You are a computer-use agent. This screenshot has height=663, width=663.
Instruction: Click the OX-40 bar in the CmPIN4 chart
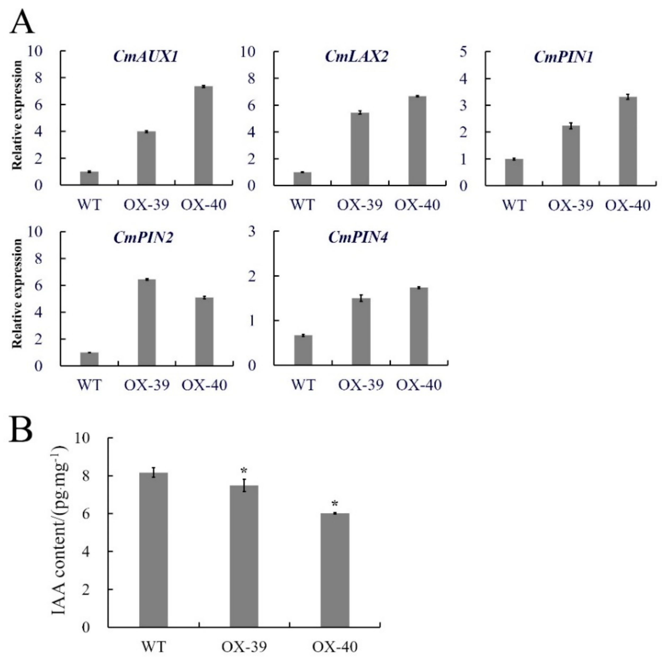(x=419, y=326)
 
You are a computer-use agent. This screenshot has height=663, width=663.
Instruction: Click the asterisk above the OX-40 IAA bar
(x=335, y=504)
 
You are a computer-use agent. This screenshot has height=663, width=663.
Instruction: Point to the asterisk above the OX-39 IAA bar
(x=244, y=471)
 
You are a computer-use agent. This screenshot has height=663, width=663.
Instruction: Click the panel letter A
(x=22, y=22)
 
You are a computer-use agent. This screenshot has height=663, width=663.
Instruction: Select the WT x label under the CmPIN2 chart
(x=89, y=385)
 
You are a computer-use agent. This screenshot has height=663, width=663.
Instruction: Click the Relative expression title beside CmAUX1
(x=17, y=115)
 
